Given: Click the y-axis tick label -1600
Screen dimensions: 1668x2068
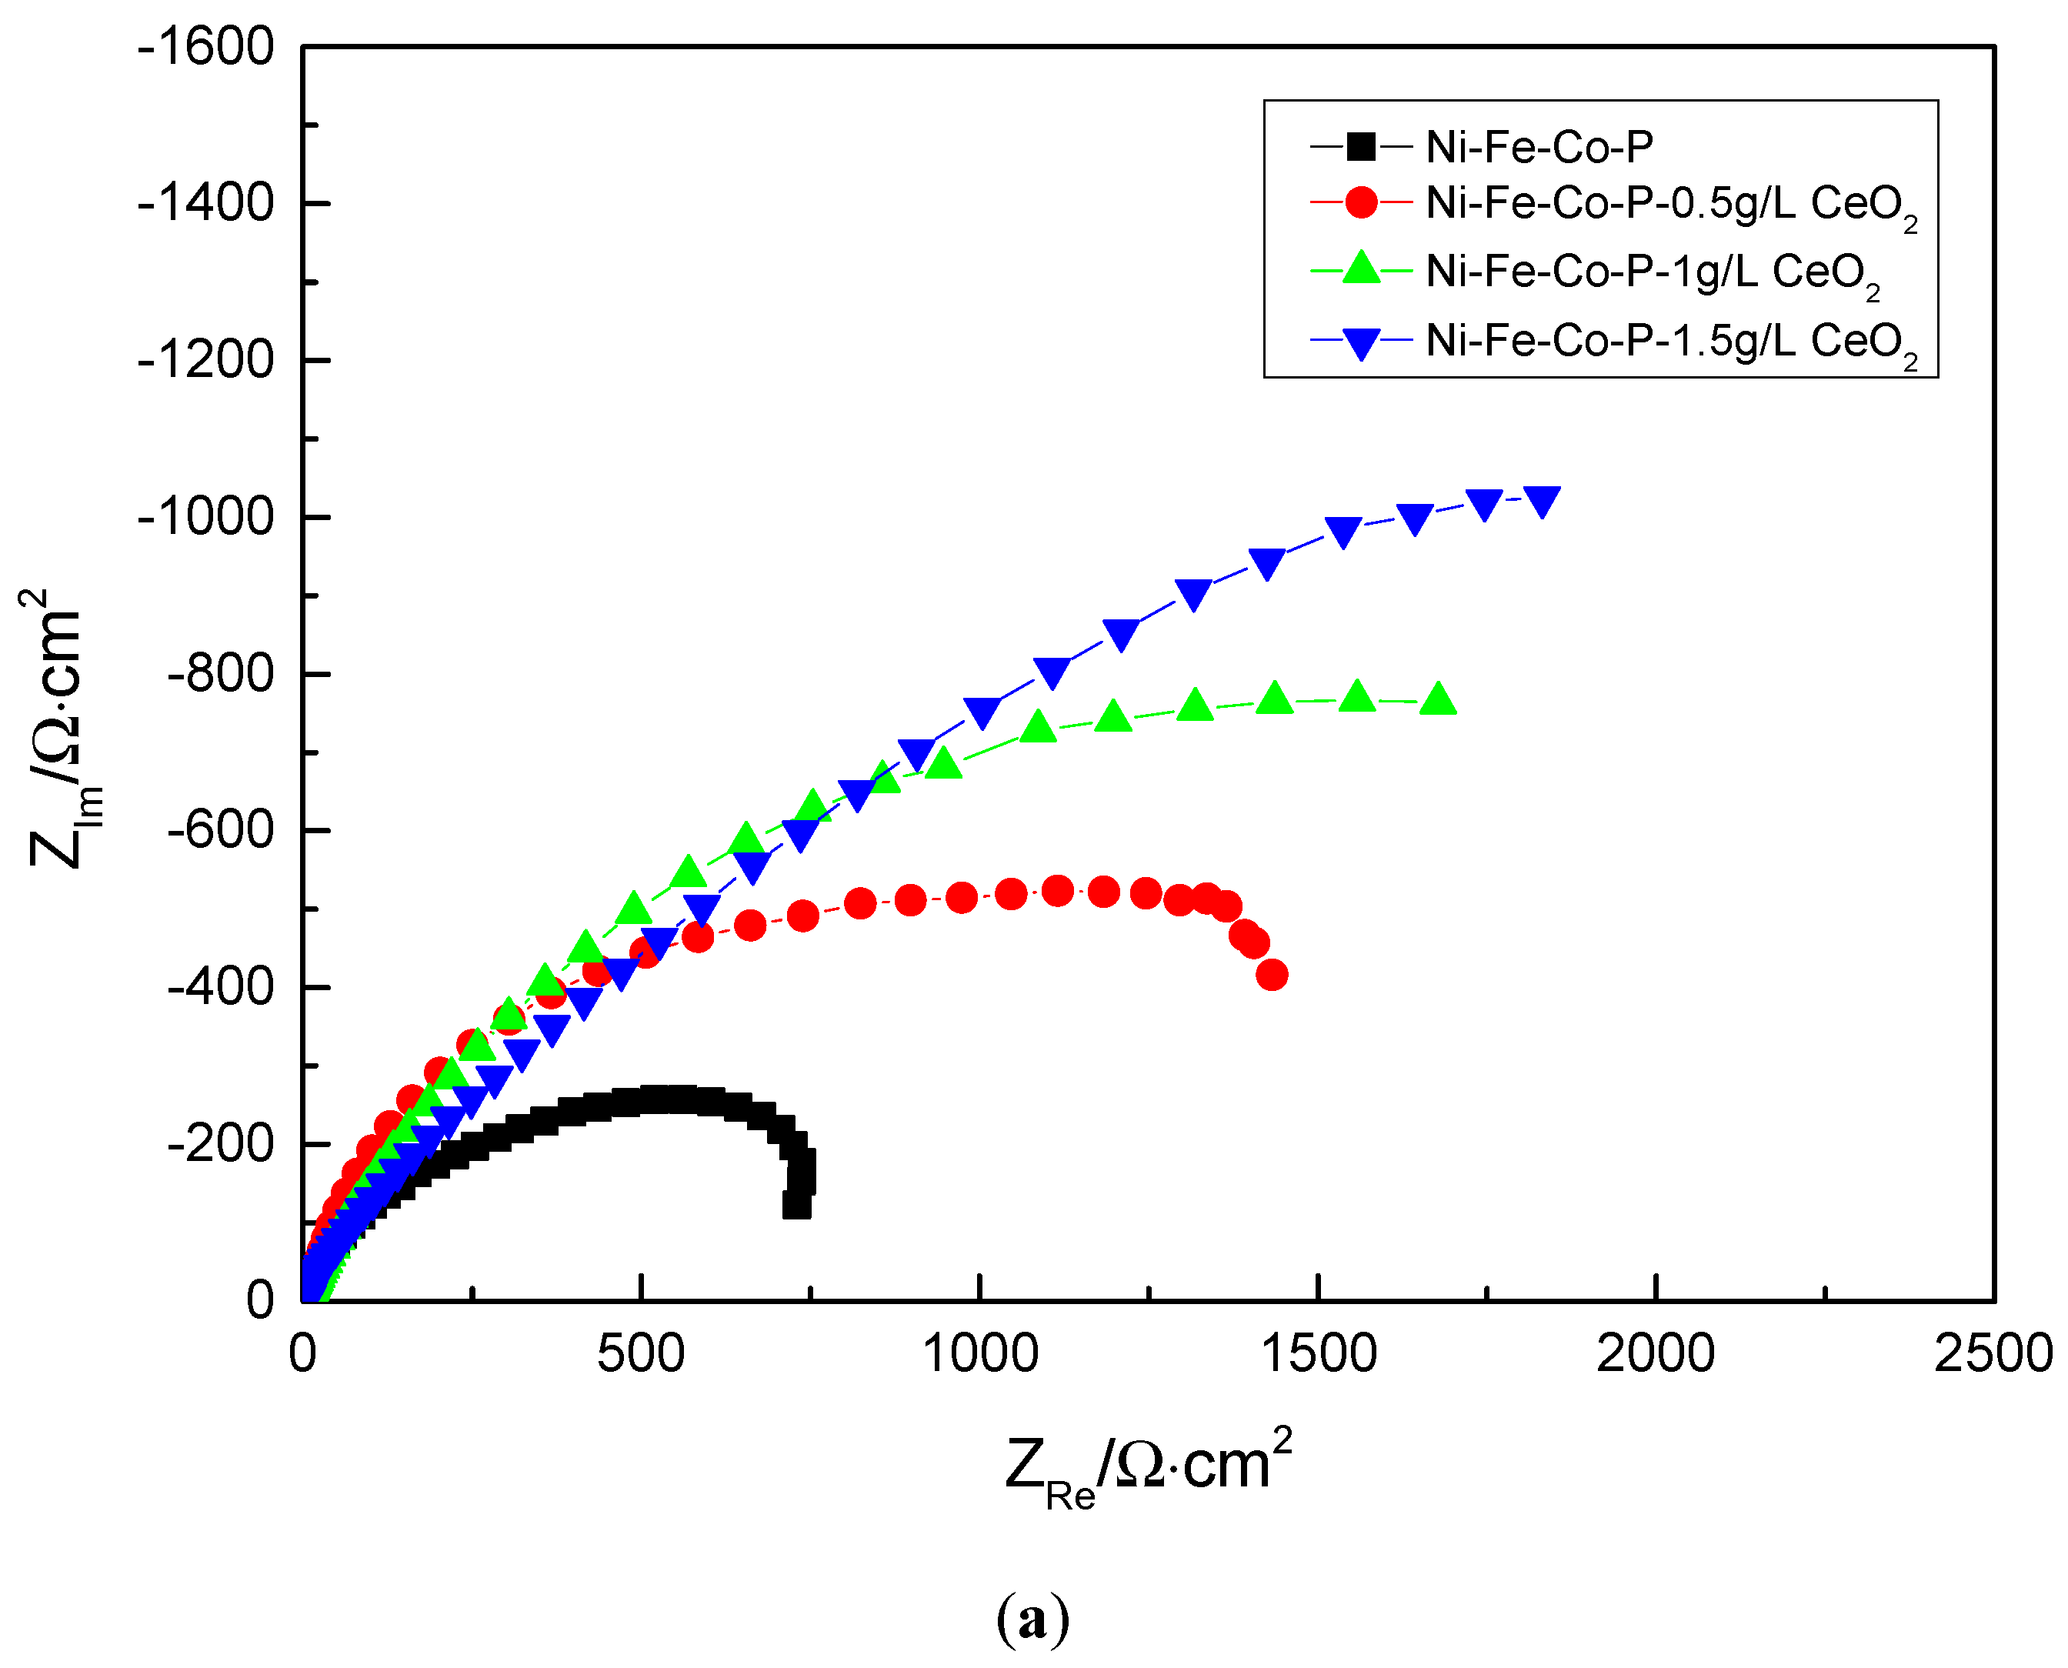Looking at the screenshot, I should (x=205, y=47).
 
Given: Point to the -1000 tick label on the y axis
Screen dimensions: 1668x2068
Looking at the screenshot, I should (x=205, y=518).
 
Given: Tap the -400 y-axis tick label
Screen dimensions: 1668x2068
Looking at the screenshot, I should (x=220, y=988).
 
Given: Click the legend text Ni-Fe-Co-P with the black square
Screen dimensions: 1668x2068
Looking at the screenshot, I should (x=1539, y=147).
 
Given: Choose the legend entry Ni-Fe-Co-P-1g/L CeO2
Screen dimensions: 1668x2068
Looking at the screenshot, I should (x=1651, y=273).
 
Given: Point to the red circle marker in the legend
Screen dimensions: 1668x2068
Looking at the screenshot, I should (x=1361, y=203).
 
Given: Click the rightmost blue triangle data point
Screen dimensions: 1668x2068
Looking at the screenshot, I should (x=1542, y=501).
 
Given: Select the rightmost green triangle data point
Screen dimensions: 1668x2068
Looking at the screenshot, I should (x=1438, y=699).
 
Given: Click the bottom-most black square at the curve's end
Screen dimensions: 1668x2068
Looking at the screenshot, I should (x=796, y=1205).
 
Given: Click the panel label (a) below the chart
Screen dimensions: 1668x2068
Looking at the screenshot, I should (x=1032, y=1619).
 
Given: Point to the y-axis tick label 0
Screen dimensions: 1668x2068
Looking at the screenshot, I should (x=260, y=1301).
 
